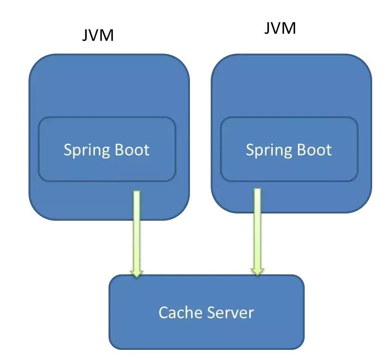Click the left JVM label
(x=98, y=35)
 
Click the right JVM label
(x=280, y=28)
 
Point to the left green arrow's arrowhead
(x=137, y=273)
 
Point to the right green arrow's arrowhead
(x=257, y=271)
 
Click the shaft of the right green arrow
(x=257, y=227)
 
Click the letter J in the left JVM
(x=85, y=35)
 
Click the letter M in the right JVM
(x=288, y=28)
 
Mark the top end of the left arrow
(x=137, y=192)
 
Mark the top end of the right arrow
(x=257, y=190)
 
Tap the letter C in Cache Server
(x=163, y=313)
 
